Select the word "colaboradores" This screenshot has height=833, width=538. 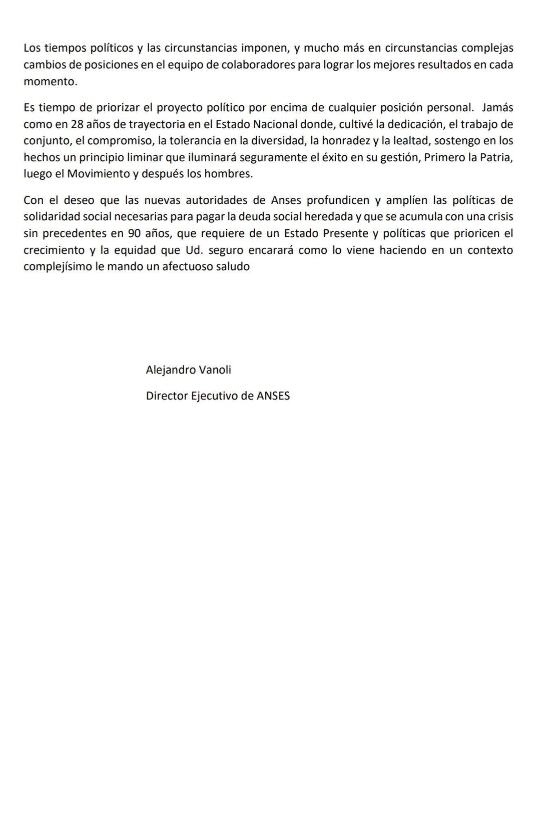(258, 65)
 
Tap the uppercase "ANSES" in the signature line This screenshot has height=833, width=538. (273, 396)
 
